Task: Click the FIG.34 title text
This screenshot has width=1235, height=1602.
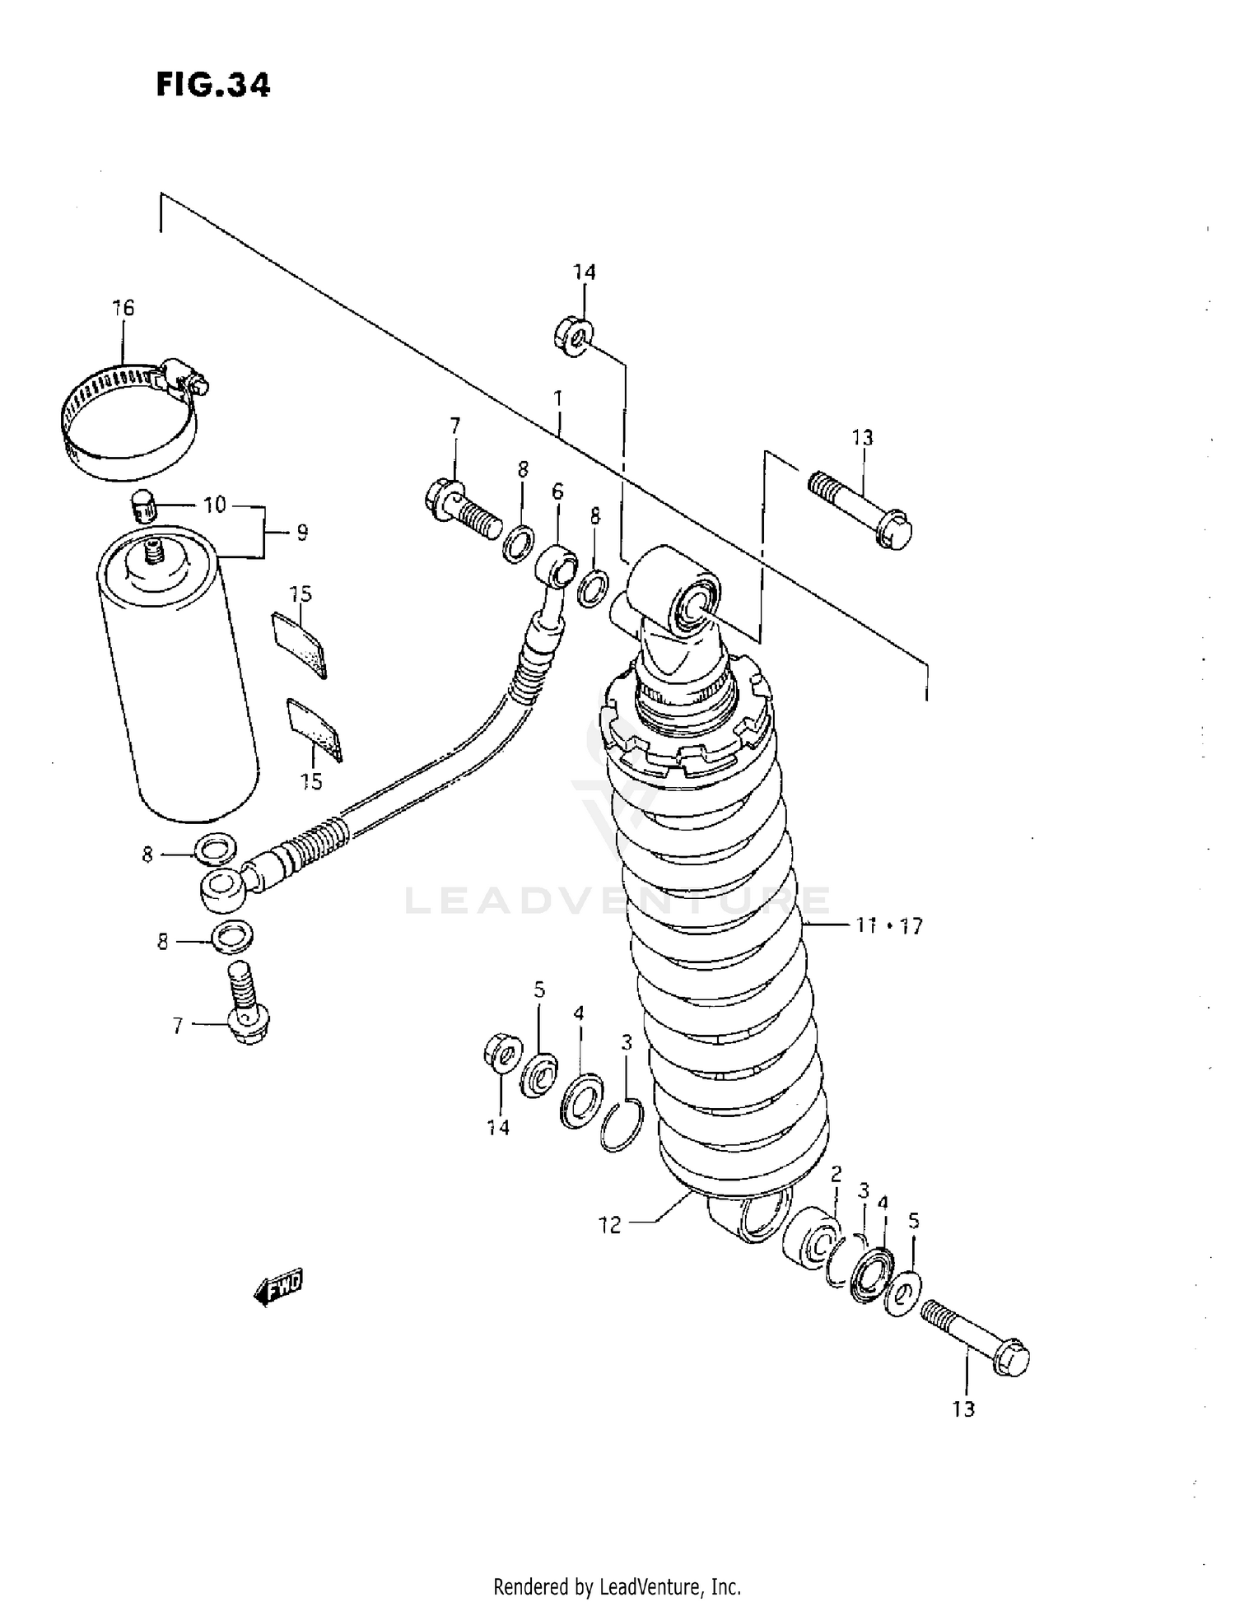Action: pos(212,85)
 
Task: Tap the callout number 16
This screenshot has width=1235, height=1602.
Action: pos(123,308)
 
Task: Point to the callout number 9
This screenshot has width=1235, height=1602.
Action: pos(301,533)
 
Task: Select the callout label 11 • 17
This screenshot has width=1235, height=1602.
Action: pos(888,926)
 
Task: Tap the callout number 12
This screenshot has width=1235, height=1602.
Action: pos(610,1226)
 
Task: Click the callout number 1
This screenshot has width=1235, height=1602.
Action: pos(558,400)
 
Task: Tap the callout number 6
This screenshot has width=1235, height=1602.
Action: pos(557,491)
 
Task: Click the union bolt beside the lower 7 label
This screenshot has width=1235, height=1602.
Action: pos(245,1004)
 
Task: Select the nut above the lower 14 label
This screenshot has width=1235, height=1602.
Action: pos(502,1053)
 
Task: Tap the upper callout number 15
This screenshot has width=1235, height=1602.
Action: pos(301,594)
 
